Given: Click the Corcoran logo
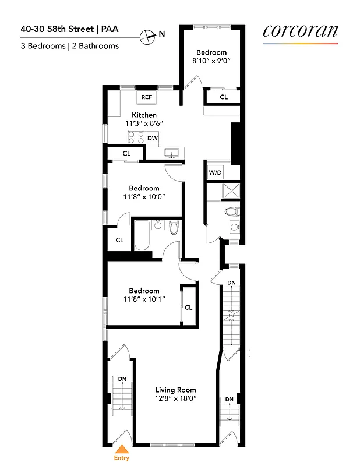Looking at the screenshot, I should pyautogui.click(x=300, y=31).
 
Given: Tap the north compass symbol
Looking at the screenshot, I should pyautogui.click(x=150, y=35).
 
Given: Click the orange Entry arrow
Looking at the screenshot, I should pyautogui.click(x=122, y=449).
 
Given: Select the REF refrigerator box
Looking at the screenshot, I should pyautogui.click(x=146, y=97).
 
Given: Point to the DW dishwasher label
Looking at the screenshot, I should pyautogui.click(x=153, y=138).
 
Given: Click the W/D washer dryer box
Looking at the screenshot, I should pyautogui.click(x=215, y=173).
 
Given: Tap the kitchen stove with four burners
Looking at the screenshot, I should pyautogui.click(x=136, y=137).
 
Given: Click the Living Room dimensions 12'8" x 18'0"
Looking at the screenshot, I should pyautogui.click(x=175, y=399).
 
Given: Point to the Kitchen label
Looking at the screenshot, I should pyautogui.click(x=144, y=115).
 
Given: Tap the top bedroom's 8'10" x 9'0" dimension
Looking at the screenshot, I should pyautogui.click(x=211, y=60).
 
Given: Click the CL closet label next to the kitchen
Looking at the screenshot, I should pyautogui.click(x=126, y=154).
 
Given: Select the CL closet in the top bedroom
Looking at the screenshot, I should pyautogui.click(x=224, y=97).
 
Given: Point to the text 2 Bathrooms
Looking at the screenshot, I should pyautogui.click(x=96, y=46).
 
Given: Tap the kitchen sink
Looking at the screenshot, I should pyautogui.click(x=172, y=153).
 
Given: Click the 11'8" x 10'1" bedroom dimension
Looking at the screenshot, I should pyautogui.click(x=144, y=299).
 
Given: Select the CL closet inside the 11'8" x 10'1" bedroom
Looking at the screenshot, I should pyautogui.click(x=188, y=307).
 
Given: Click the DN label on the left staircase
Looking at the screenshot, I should pyautogui.click(x=122, y=379).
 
